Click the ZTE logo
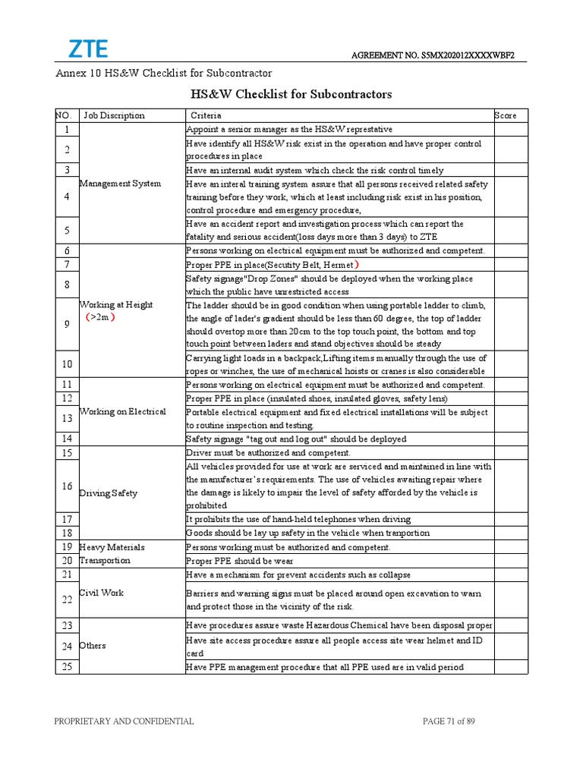click(89, 49)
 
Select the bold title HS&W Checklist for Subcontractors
click(291, 94)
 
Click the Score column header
click(506, 115)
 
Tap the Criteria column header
click(206, 115)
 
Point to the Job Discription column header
click(114, 115)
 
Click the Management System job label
click(120, 184)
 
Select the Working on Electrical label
click(122, 412)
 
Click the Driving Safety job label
click(109, 493)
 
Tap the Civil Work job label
click(102, 593)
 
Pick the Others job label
click(93, 646)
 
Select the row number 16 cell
click(67, 486)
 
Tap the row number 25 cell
click(67, 667)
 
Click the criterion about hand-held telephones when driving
click(298, 519)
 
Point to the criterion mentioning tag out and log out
click(296, 439)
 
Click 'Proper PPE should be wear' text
click(239, 561)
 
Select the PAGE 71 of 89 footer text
click(449, 722)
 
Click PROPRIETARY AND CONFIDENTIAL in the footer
click(124, 722)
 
